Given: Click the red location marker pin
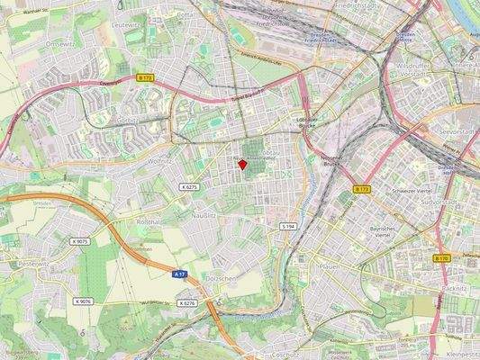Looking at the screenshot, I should point(241,163).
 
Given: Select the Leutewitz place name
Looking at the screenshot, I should point(124,26).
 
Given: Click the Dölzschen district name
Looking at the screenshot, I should point(220,279).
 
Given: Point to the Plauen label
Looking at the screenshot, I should point(327,266).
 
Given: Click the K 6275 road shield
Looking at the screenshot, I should point(188,186).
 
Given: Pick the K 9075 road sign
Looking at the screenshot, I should point(80,241).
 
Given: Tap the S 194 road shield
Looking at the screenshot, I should point(288,226).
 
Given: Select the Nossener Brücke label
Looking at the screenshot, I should point(332,161).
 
